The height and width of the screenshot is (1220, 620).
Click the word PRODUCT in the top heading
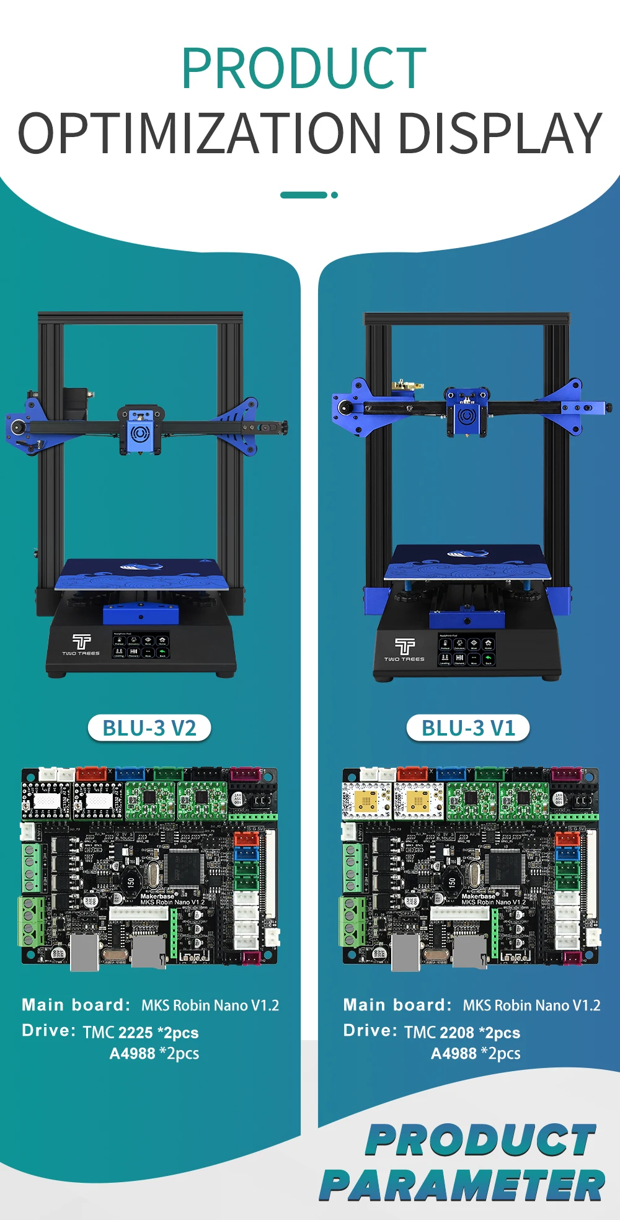[304, 69]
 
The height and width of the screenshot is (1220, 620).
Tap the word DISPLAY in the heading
[499, 133]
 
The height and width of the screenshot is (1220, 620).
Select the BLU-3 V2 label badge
[149, 728]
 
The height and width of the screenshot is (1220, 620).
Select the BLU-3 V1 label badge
[468, 728]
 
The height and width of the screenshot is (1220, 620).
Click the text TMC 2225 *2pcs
[141, 1033]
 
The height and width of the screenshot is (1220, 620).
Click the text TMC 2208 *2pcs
[462, 1033]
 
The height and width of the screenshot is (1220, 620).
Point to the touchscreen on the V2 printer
[141, 645]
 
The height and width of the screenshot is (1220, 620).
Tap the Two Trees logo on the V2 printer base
[81, 644]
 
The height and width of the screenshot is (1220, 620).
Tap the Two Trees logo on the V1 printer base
[404, 650]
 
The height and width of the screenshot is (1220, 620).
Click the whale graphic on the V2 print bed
[141, 566]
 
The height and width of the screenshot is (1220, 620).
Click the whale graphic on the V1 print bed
[467, 553]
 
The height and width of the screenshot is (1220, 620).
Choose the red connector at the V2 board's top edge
[91, 773]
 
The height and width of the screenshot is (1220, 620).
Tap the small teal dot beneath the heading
[334, 195]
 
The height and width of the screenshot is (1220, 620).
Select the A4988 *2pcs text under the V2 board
[154, 1054]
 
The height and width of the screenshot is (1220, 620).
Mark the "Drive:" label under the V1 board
[370, 1031]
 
